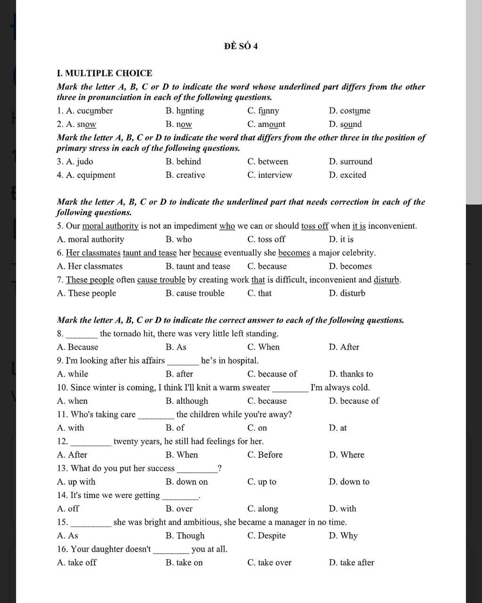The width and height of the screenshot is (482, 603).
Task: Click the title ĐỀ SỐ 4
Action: tap(241, 46)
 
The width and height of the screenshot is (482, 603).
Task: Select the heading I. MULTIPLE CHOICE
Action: tap(104, 73)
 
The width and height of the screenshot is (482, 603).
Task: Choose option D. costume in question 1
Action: tap(349, 111)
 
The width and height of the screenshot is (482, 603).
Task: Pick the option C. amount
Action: tap(266, 124)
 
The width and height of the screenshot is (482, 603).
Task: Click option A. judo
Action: tap(75, 162)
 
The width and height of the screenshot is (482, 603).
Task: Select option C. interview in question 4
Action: tap(269, 175)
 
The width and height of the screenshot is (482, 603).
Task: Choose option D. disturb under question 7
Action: tap(347, 293)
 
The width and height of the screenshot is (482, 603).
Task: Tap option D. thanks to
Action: tap(351, 374)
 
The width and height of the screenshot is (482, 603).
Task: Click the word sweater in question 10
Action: tap(256, 388)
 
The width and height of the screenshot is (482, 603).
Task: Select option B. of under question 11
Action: tap(175, 428)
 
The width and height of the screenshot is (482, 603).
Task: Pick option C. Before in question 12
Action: tap(265, 455)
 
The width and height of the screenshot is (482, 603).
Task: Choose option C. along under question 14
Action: tap(263, 509)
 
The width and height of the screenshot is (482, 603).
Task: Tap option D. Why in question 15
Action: tap(343, 536)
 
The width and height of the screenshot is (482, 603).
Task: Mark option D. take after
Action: tap(351, 562)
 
